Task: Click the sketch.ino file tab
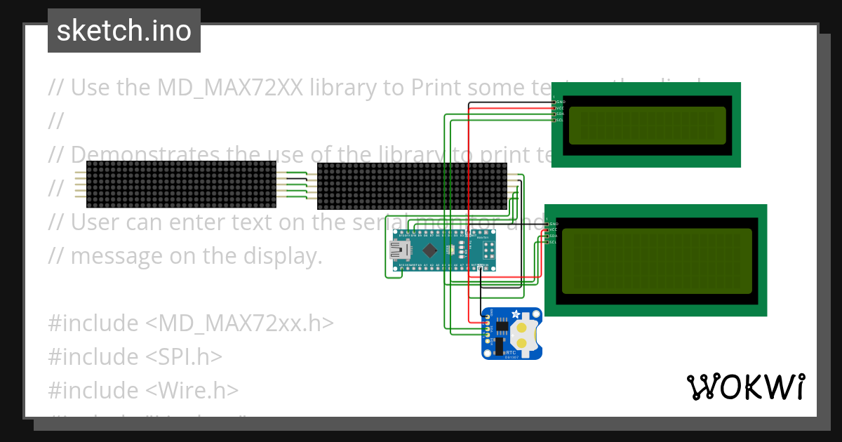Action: (124, 31)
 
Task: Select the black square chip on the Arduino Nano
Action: (430, 249)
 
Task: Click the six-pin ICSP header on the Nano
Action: (486, 248)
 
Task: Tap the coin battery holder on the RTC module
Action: (526, 335)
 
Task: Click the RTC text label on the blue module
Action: (511, 352)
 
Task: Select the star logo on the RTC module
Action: (516, 314)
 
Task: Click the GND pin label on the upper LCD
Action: (561, 102)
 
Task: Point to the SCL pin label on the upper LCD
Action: (560, 120)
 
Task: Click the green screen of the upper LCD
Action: (647, 125)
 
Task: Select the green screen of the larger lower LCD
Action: (657, 261)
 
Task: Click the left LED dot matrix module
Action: (181, 184)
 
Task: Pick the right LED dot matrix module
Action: (412, 186)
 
